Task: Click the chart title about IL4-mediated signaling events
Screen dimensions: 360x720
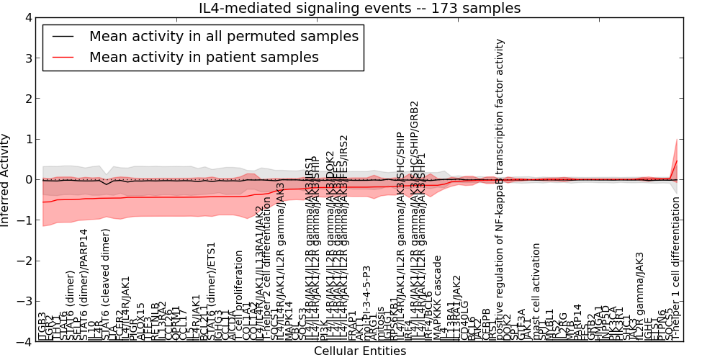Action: [359, 8]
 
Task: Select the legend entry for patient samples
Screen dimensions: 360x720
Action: [204, 57]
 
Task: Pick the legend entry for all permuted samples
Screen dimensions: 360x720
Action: [222, 35]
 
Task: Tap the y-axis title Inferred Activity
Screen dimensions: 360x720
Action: [6, 179]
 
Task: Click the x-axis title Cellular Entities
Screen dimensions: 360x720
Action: [359, 351]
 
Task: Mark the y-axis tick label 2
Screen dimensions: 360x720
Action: [27, 99]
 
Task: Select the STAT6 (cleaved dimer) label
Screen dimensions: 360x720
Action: [107, 284]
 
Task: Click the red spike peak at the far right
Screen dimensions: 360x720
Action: [677, 161]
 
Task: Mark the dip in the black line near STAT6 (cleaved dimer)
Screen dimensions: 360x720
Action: [107, 184]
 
